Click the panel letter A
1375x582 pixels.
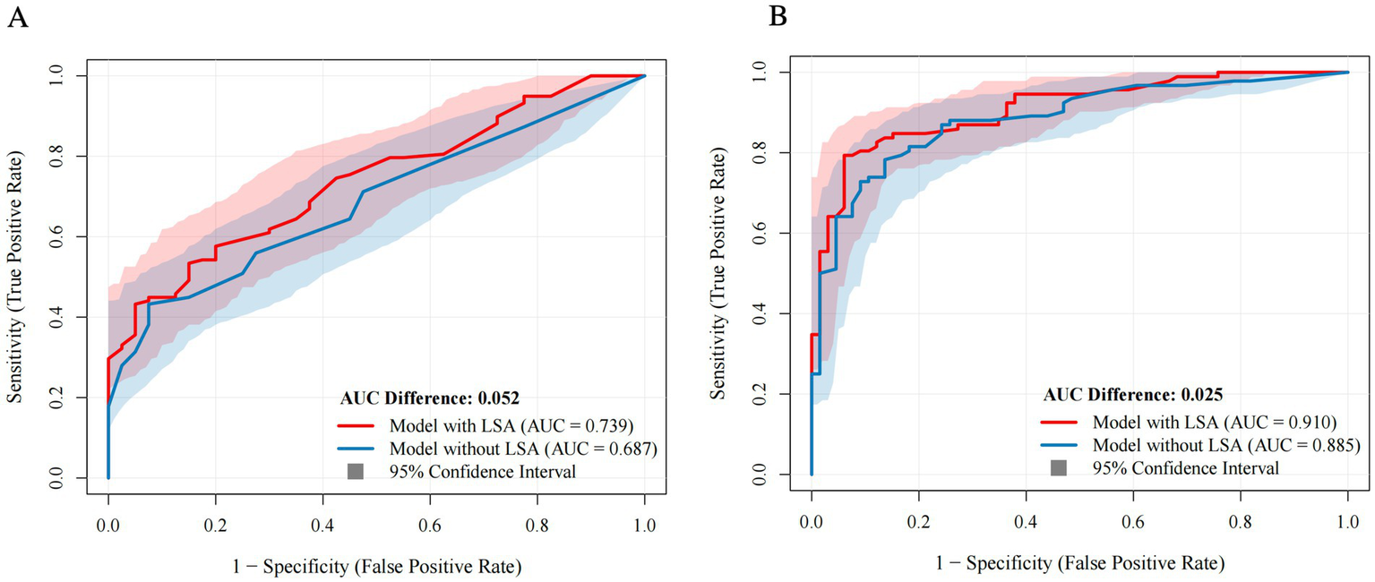point(17,19)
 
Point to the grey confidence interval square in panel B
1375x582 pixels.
point(1058,466)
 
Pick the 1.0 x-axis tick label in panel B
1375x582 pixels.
point(1347,520)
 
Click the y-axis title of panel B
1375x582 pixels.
point(718,273)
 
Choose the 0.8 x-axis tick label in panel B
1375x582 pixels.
point(1241,520)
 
